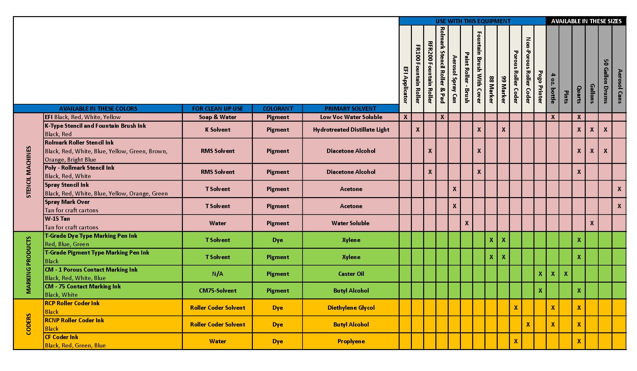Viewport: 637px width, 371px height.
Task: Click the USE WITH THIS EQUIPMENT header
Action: pos(473,21)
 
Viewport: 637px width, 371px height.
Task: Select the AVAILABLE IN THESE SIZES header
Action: pos(586,21)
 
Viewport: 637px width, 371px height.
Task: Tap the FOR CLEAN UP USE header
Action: pos(217,109)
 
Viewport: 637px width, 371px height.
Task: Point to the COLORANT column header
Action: pos(278,109)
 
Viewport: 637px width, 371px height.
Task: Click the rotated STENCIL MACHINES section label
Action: pos(29,172)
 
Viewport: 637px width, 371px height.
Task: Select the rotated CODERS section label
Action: pos(29,324)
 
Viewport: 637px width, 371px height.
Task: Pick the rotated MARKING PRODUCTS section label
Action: pos(29,265)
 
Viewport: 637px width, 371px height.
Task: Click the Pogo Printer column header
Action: pos(540,86)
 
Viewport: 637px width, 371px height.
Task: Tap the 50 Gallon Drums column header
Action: pos(605,81)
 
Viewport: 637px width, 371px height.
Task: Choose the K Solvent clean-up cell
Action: pos(217,130)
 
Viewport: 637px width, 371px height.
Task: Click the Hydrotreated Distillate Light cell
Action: pos(351,130)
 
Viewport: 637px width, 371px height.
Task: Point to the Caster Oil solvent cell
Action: pos(351,274)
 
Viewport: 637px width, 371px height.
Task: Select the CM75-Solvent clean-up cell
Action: pos(217,291)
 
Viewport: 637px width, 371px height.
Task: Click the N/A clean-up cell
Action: pos(217,274)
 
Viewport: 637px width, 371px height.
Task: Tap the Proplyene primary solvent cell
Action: pos(351,341)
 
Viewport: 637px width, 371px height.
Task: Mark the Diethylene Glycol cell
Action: pos(351,308)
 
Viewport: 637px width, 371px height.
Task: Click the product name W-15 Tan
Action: pos(57,219)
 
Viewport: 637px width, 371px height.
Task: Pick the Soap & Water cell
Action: pos(217,117)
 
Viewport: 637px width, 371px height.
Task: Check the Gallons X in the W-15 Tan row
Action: pos(592,223)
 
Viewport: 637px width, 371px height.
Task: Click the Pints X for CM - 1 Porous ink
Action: pos(566,274)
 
